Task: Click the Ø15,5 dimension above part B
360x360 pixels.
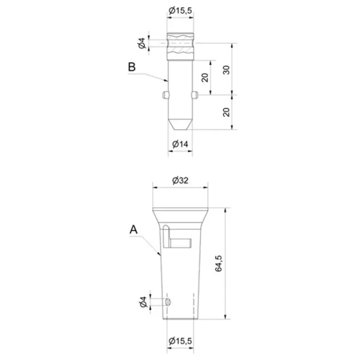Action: click(180, 10)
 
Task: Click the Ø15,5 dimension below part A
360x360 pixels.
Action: click(180, 341)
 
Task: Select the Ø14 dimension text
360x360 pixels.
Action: click(180, 144)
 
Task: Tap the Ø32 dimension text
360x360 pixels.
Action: click(180, 181)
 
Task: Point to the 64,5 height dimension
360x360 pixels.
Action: click(218, 263)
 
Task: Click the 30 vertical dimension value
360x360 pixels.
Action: click(226, 70)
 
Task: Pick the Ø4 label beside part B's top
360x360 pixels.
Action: click(142, 43)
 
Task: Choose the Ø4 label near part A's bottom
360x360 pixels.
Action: click(143, 302)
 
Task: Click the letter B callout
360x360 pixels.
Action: click(132, 67)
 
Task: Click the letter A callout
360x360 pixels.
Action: click(133, 229)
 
